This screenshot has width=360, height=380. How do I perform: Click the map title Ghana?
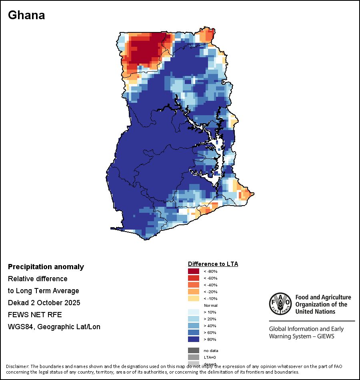coord(26,15)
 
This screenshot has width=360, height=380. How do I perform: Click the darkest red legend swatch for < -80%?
coord(194,272)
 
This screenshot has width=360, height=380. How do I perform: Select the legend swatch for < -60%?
coord(194,278)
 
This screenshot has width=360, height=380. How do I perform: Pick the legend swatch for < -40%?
coord(194,285)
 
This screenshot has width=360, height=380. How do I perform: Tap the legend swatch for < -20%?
coord(194,292)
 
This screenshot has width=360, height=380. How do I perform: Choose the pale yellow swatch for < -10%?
coord(194,299)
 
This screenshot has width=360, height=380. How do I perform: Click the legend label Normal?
coord(210,306)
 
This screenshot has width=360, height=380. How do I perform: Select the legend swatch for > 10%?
coord(194,312)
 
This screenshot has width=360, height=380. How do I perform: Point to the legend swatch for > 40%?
coord(194,326)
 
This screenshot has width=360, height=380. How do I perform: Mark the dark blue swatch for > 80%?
coord(194,340)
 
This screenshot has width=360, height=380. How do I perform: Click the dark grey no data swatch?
coord(194,350)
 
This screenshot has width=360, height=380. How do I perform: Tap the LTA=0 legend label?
coord(210,357)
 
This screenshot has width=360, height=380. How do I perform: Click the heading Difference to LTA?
coord(213,264)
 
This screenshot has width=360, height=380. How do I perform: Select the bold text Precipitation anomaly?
coord(46,267)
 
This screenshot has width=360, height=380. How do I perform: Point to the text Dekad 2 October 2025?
coord(44,303)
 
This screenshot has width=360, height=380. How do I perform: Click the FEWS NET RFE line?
coord(35,315)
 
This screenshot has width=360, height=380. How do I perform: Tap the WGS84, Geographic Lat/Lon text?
coord(54,327)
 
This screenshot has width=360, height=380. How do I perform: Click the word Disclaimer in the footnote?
coord(17,366)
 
